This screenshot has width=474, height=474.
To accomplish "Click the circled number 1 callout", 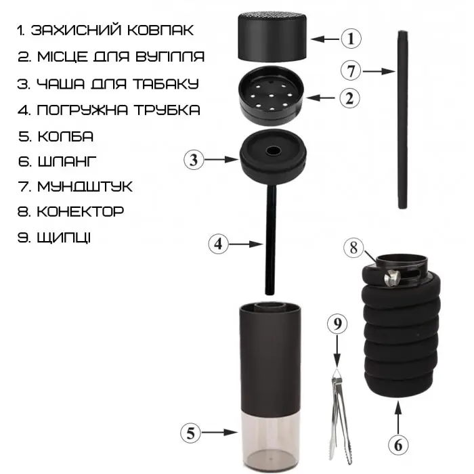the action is [x=351, y=39].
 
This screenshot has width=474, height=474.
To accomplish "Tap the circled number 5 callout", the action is [x=190, y=433].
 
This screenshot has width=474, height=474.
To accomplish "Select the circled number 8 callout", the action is [x=353, y=248].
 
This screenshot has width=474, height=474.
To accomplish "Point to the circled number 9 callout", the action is [x=337, y=324].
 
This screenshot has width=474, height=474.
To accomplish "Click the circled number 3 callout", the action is [x=194, y=160].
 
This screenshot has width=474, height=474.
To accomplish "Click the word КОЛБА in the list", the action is [x=65, y=137].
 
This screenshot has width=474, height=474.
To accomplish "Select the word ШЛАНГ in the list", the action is [x=67, y=161].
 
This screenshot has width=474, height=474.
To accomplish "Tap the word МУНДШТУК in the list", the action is [x=85, y=186].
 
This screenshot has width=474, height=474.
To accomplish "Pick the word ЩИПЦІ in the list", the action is [x=64, y=237].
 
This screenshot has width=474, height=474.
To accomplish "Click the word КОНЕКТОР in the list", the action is [x=81, y=211].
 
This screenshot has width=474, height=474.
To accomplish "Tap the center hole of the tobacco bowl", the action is [x=273, y=150].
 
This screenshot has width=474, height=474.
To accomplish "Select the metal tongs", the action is [x=341, y=418].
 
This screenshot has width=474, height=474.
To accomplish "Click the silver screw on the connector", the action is [x=392, y=278].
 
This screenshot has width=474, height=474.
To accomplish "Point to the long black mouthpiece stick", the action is [x=403, y=119].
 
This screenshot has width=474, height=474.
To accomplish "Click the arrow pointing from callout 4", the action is [x=245, y=244].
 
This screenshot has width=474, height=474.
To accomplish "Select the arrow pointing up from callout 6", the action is [x=398, y=418].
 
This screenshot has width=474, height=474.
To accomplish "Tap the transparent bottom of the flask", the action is [x=270, y=441].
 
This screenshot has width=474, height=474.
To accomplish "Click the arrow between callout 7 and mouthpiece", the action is [x=379, y=71].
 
